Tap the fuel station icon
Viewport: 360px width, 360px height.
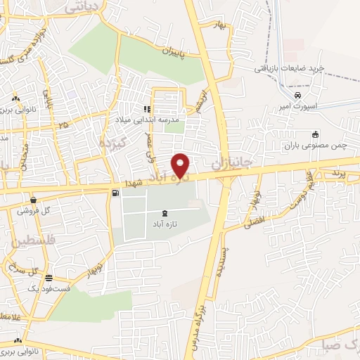115,192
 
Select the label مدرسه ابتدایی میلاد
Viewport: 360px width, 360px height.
150,120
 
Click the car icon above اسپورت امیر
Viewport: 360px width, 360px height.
298,95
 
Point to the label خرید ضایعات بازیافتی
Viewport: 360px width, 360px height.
289,68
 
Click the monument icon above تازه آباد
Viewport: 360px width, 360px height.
165,213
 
